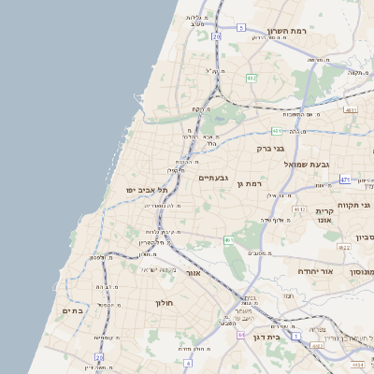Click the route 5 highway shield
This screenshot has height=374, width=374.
click(x=239, y=28)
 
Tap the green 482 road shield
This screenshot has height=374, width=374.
click(x=251, y=78)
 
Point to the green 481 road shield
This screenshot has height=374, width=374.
click(x=276, y=131)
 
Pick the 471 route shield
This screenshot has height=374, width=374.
click(x=345, y=179)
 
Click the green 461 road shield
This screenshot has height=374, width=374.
click(x=228, y=240)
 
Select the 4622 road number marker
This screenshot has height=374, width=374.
click(x=343, y=247)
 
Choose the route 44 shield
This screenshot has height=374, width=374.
click(x=240, y=334)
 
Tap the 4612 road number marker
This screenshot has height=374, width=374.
click(x=299, y=210)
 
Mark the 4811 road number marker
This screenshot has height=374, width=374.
click(x=351, y=110)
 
